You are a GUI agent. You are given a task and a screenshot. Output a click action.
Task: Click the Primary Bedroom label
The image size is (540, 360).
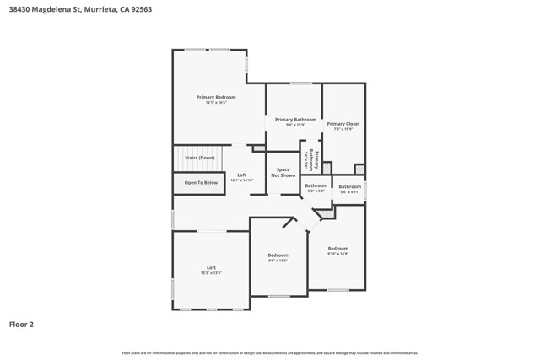[x=216, y=98]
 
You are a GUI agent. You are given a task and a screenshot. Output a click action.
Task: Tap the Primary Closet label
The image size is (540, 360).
[x=343, y=124]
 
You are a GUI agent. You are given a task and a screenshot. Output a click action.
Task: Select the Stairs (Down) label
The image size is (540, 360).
[x=200, y=158]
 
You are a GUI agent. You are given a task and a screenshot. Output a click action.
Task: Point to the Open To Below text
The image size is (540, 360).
[x=201, y=182]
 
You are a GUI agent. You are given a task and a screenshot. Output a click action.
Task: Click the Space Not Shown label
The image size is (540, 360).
[x=283, y=173]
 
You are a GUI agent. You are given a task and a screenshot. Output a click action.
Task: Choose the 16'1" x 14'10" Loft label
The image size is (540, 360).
[x=242, y=180]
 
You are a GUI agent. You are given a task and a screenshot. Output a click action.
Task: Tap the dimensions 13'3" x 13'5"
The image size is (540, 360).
[x=211, y=273]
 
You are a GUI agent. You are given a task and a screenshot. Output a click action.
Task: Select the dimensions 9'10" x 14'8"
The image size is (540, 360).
[x=337, y=254]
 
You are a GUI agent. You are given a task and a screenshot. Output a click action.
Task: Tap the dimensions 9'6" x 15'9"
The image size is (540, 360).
[x=295, y=126]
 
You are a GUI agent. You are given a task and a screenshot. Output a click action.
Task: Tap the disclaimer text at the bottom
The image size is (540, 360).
[x=270, y=352]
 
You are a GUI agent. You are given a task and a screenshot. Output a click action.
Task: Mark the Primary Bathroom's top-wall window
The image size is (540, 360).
[x=301, y=83]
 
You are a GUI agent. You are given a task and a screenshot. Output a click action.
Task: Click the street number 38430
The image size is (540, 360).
[x=19, y=9]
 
